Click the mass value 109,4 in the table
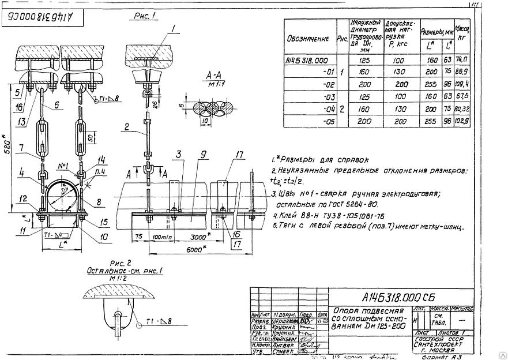[x=461, y=84]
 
